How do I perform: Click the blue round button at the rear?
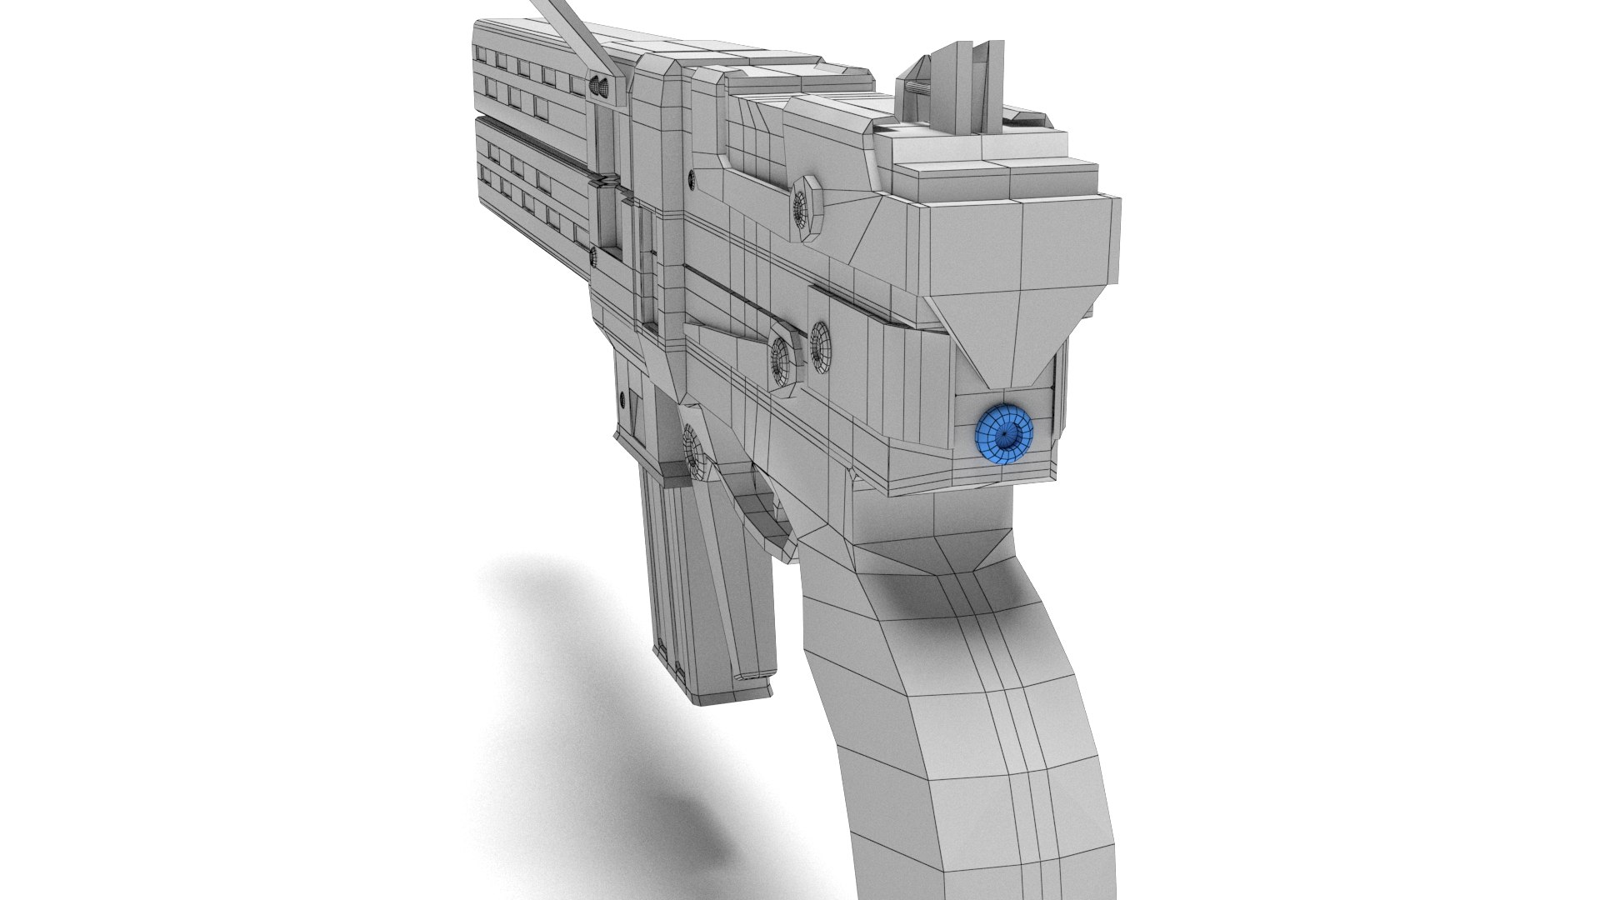coord(1004,433)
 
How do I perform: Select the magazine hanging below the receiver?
coord(708,583)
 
